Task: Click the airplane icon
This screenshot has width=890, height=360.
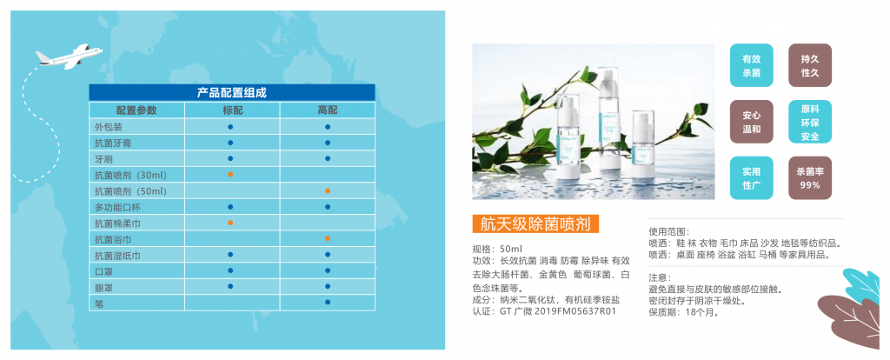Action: (x=70, y=56)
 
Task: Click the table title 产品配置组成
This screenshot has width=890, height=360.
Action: (x=231, y=92)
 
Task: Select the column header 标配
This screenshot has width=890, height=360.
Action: (x=232, y=110)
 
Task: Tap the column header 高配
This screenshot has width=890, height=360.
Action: (x=328, y=110)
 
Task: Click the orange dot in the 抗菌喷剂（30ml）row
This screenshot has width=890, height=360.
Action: (x=230, y=174)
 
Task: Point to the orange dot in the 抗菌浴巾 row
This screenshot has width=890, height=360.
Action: (x=328, y=238)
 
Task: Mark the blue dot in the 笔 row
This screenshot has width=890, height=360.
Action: (x=328, y=302)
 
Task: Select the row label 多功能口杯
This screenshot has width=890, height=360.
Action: (x=118, y=207)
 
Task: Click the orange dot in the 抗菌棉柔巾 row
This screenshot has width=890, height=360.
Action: (x=230, y=222)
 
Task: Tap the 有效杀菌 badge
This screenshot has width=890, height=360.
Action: (x=752, y=65)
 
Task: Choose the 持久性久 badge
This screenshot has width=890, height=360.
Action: (x=810, y=65)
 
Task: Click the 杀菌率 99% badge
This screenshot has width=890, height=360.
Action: (x=810, y=177)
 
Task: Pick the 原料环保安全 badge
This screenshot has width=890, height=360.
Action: (x=810, y=122)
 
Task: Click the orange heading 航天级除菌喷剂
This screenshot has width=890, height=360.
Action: (x=535, y=223)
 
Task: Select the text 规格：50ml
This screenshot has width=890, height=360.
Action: (x=497, y=249)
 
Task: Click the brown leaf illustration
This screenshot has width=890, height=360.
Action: (x=852, y=319)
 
